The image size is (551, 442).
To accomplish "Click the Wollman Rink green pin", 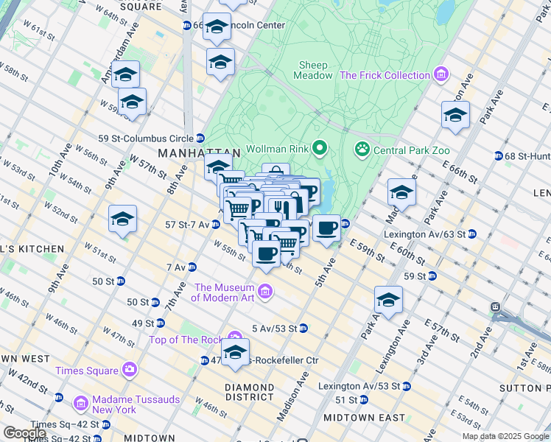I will tap(319, 150).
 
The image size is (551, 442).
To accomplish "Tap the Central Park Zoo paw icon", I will tap(362, 150).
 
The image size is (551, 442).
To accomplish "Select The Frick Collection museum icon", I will tap(441, 75).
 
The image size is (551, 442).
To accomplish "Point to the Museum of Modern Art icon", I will tap(265, 292).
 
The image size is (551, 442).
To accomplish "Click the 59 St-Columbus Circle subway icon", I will tap(200, 138).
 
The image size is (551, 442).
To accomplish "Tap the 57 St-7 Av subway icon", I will tap(216, 223).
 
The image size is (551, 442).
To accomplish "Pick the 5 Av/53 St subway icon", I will tap(303, 329).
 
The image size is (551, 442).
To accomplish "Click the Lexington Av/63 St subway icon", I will tap(471, 234).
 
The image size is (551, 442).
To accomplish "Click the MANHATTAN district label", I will tap(199, 153).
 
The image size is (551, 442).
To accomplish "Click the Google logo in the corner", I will tap(24, 433).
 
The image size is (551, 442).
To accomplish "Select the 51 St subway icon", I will tap(362, 400).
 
